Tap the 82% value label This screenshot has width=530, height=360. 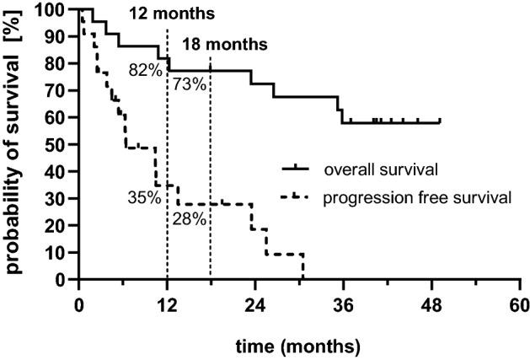pyautogui.click(x=145, y=71)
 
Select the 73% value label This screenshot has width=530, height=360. pyautogui.click(x=190, y=84)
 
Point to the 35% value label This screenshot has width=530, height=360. pyautogui.click(x=144, y=198)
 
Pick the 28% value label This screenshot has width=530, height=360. pyautogui.click(x=190, y=218)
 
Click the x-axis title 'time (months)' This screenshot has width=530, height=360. pyautogui.click(x=298, y=346)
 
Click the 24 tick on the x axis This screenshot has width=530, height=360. pyautogui.click(x=254, y=304)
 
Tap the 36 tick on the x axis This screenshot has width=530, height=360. pyautogui.click(x=343, y=304)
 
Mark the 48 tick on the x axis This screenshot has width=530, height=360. pyautogui.click(x=431, y=304)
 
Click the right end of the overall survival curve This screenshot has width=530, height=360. pyautogui.click(x=440, y=122)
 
